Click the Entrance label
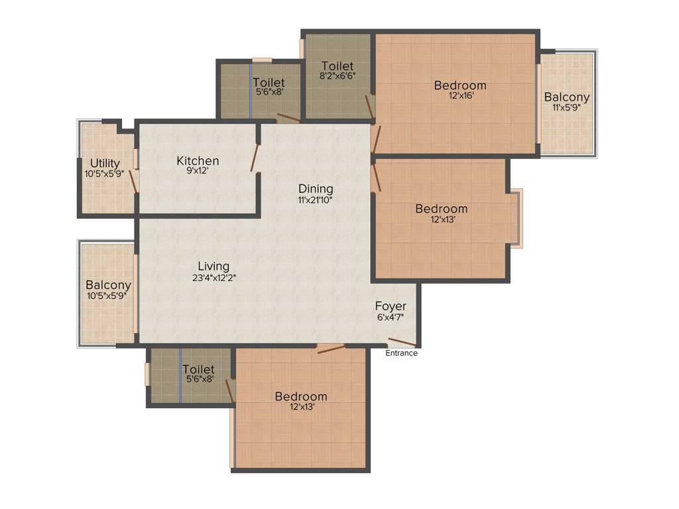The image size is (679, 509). (x=402, y=353)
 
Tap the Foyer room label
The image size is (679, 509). (x=391, y=306)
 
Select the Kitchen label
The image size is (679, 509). (x=198, y=161)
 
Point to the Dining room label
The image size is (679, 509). (x=315, y=189)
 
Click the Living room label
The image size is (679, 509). (x=214, y=266)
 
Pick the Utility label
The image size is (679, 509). (x=105, y=164)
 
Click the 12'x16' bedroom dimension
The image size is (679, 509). (x=461, y=95)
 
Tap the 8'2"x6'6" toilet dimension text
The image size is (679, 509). (x=337, y=76)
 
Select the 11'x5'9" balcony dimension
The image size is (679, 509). (x=567, y=107)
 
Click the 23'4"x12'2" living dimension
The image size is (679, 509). (x=214, y=278)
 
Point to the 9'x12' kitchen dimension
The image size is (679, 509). (x=198, y=171)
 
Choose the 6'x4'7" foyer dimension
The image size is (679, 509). (x=391, y=317)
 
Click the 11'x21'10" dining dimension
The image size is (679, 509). (x=315, y=199)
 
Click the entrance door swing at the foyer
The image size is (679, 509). (x=402, y=343)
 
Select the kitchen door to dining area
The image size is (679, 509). (x=255, y=157)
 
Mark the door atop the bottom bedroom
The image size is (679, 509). (x=331, y=349)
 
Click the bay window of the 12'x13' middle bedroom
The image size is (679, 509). (x=517, y=219)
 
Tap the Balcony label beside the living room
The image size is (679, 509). (x=108, y=286)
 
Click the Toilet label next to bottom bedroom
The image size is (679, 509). (x=198, y=369)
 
